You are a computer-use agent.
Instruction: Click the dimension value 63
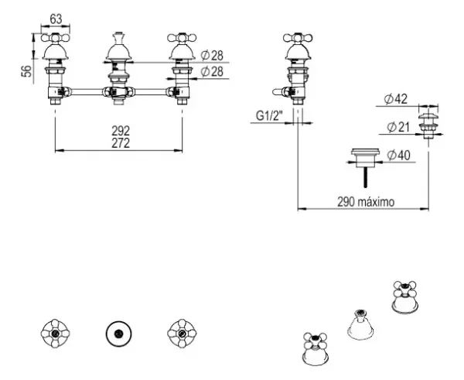pos(56,19)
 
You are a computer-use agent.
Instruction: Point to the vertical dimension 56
pos(26,71)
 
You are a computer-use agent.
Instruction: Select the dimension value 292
pos(121,131)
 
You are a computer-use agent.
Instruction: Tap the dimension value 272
pos(121,143)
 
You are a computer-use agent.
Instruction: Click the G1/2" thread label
pos(269,116)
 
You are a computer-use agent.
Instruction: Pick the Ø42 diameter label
pos(396,99)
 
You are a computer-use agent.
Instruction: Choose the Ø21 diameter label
pos(398,128)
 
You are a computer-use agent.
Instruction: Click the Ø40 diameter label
pos(399,156)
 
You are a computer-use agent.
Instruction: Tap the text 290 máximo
pos(366,202)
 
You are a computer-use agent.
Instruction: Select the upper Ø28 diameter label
pos(212,56)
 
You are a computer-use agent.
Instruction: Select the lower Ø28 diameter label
pos(212,72)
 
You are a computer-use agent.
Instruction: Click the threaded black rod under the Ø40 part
pos(366,177)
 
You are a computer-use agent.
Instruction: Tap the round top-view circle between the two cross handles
pos(119,334)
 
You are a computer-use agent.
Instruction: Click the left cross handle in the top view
pos(56,334)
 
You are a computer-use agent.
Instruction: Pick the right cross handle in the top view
pos(182,334)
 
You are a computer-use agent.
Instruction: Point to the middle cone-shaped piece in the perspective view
pos(360,324)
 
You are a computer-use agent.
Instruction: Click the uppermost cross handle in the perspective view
pos(405,296)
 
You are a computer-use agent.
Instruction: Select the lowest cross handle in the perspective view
pos(316,349)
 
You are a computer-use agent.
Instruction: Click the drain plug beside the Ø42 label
pos(428,125)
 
